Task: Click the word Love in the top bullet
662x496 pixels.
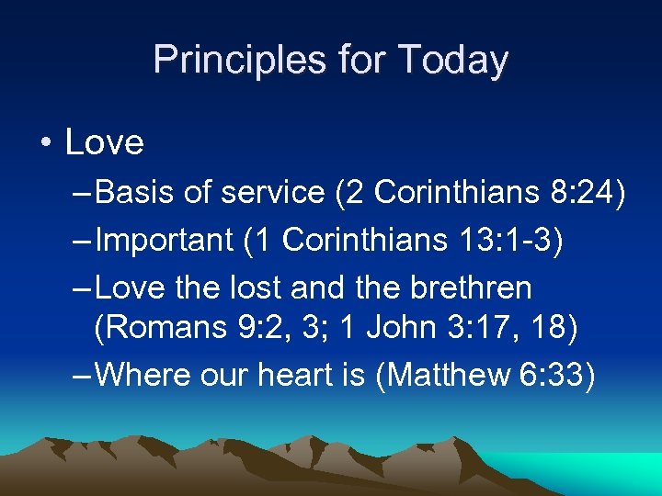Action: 105,142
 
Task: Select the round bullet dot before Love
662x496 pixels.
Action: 46,143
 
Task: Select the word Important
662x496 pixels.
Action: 165,240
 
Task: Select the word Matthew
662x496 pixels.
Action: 452,374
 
